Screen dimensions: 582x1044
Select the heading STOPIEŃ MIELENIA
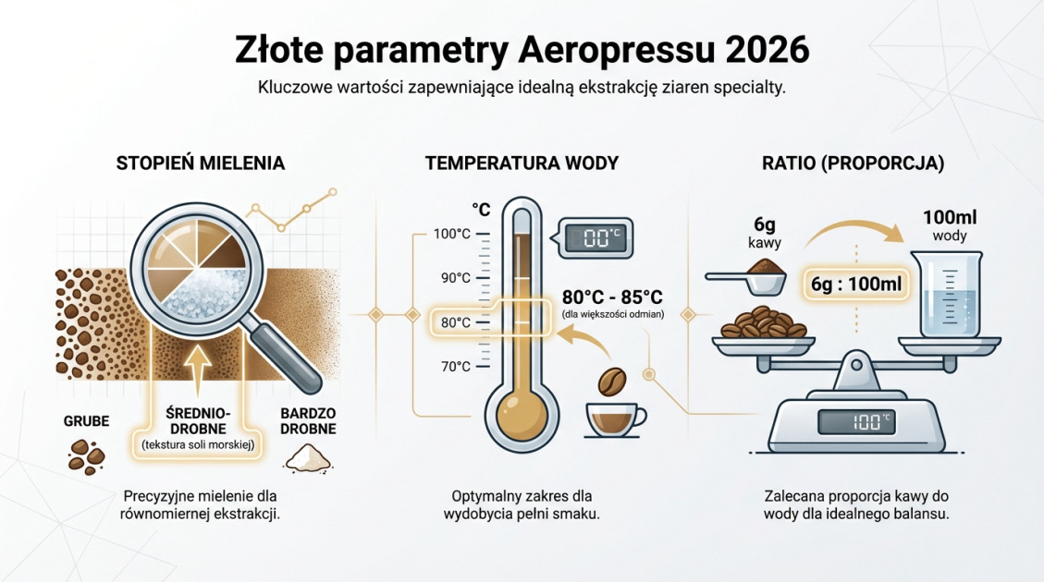point(201,164)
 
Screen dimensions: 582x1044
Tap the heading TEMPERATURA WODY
point(522,164)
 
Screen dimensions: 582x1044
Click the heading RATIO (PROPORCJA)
point(853,164)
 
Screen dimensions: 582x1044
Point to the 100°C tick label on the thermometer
point(452,234)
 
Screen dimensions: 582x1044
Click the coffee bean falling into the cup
point(612,382)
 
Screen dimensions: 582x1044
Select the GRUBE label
point(86,421)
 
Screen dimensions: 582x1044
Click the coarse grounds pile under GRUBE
point(87,454)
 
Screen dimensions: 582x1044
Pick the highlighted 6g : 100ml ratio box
point(856,284)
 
